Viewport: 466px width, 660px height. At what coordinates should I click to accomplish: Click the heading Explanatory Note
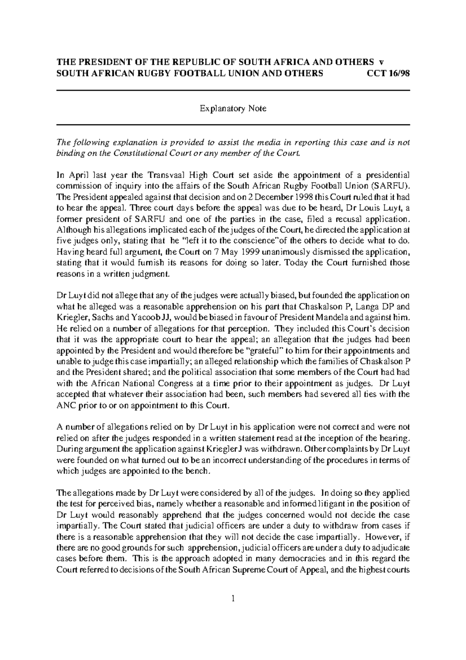233,108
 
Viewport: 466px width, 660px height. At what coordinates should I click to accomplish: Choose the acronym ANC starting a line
66,406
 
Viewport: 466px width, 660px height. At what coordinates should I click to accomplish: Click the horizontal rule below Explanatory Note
233,125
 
